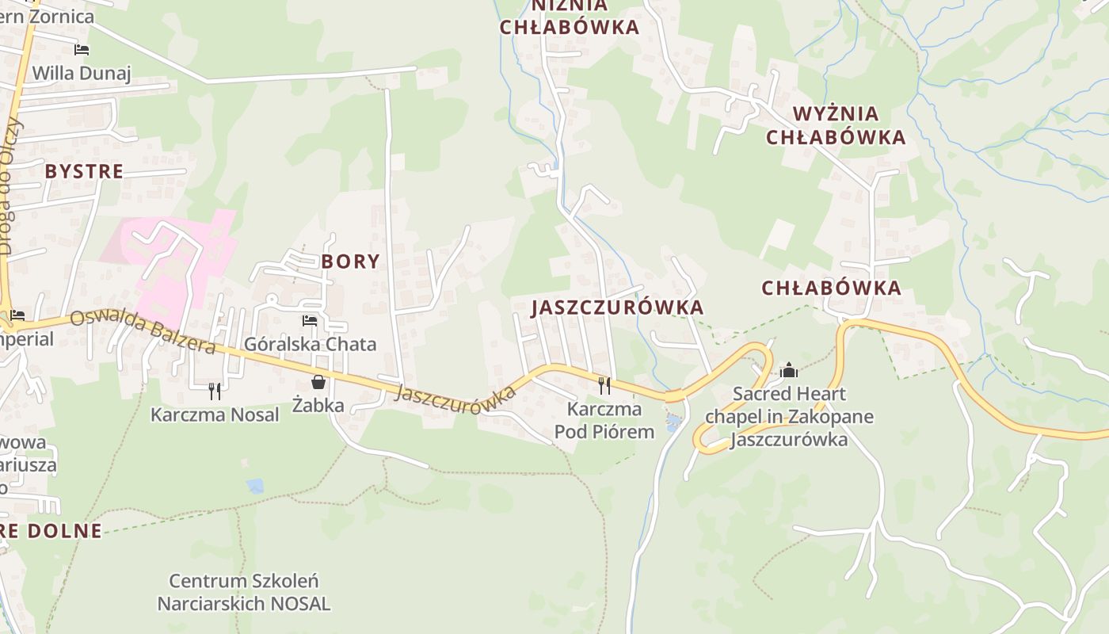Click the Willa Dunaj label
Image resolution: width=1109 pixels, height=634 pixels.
(x=81, y=74)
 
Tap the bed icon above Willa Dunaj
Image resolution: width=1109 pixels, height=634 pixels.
(x=81, y=50)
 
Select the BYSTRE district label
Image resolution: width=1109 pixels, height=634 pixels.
(x=84, y=171)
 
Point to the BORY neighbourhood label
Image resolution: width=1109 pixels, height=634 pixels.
(x=350, y=262)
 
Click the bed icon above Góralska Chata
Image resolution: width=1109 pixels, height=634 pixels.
(x=310, y=321)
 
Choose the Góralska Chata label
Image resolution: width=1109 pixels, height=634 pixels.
(x=310, y=344)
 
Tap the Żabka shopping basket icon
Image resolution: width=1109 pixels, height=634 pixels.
(x=318, y=383)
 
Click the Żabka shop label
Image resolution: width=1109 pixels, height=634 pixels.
(x=318, y=406)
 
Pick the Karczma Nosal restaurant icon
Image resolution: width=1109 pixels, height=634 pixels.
(x=215, y=391)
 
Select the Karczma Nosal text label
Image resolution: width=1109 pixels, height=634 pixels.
(x=215, y=414)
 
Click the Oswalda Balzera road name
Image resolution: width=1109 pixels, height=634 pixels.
(x=143, y=332)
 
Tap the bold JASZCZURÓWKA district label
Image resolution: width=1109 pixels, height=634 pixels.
(x=617, y=307)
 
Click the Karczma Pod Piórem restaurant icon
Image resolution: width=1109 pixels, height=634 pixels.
(x=604, y=386)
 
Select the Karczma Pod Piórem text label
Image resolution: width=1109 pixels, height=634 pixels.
(x=604, y=421)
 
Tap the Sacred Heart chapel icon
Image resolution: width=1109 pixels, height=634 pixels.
(x=788, y=370)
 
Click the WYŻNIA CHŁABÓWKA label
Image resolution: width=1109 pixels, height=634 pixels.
(x=835, y=125)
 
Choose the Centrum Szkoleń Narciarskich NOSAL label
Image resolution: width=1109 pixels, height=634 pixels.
(x=244, y=593)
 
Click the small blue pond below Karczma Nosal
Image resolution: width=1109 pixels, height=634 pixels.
(x=254, y=486)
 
